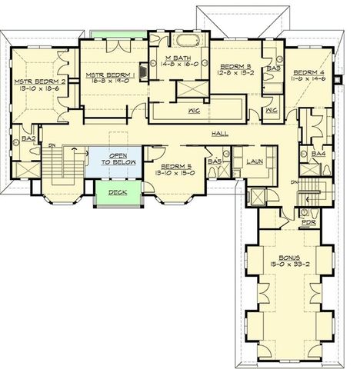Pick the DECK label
(117, 192)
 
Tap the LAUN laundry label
(257, 161)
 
